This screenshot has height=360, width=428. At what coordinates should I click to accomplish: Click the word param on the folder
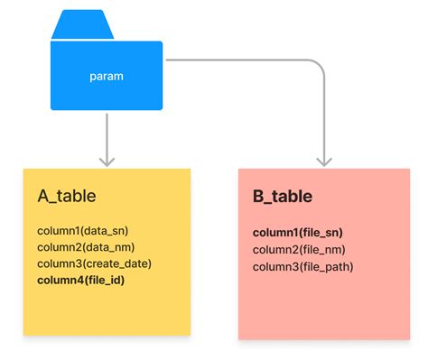[107, 77]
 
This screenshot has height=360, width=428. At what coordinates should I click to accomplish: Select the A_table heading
[67, 196]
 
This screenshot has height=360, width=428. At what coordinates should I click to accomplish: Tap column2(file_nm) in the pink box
[299, 250]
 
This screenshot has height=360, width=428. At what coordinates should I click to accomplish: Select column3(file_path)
[302, 266]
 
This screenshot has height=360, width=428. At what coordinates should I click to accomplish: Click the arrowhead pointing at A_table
[107, 160]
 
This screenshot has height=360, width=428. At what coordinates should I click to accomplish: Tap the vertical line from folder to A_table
[107, 135]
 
